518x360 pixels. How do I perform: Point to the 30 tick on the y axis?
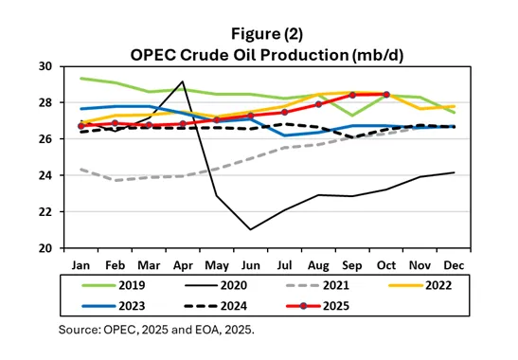(45, 66)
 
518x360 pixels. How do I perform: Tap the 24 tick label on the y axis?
(45, 175)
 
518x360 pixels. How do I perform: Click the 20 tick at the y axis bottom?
(45, 248)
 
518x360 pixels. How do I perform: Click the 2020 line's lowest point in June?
(251, 229)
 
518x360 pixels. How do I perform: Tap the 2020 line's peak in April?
(182, 81)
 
